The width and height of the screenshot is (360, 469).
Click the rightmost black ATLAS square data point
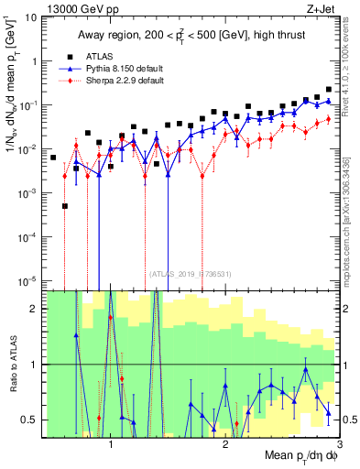[329, 90]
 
